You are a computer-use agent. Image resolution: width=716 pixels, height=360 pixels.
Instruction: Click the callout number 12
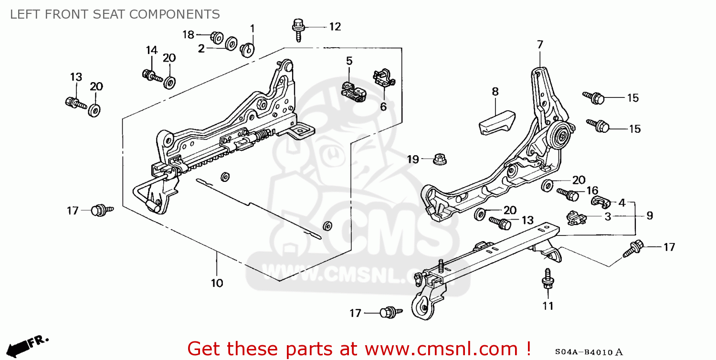pyautogui.click(x=335, y=27)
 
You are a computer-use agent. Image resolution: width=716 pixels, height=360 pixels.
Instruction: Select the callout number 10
pyautogui.click(x=217, y=283)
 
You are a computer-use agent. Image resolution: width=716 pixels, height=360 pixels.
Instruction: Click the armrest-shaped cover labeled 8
pyautogui.click(x=497, y=122)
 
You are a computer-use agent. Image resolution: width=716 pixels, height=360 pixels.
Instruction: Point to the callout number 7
pyautogui.click(x=540, y=45)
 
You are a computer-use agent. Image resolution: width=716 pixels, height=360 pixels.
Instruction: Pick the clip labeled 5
pyautogui.click(x=353, y=91)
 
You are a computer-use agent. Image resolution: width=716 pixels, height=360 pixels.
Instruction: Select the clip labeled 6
pyautogui.click(x=384, y=79)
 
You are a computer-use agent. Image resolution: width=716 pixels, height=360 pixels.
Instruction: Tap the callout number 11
pyautogui.click(x=548, y=306)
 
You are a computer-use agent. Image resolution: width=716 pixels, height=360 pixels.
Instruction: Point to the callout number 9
pyautogui.click(x=650, y=216)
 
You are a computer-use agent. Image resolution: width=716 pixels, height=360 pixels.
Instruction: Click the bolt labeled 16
pyautogui.click(x=569, y=194)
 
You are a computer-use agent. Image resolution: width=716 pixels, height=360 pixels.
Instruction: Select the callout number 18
pyautogui.click(x=189, y=34)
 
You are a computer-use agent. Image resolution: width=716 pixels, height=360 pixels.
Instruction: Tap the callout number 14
pyautogui.click(x=151, y=50)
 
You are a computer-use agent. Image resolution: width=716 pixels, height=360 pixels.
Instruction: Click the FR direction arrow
pyautogui.click(x=29, y=343)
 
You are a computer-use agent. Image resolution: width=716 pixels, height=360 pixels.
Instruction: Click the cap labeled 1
pyautogui.click(x=248, y=49)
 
